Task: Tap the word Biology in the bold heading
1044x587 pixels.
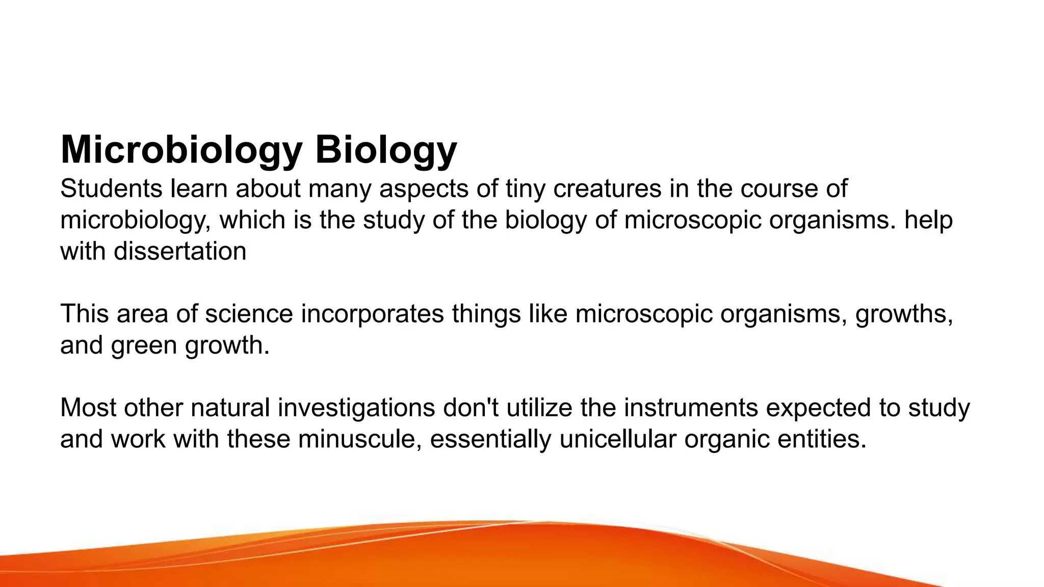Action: point(386,150)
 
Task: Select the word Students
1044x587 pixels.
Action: point(111,189)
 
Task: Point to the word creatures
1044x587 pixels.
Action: point(607,189)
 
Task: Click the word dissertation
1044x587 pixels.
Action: point(180,251)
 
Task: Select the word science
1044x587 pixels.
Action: point(249,314)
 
